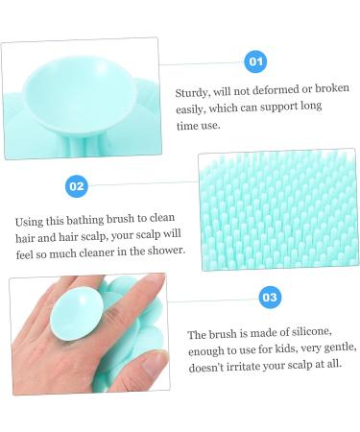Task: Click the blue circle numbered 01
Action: point(255,61)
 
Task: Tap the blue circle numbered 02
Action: point(77,185)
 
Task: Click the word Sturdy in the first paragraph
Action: point(192,92)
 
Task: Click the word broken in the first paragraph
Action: point(332,92)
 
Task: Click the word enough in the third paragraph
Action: point(208,350)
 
